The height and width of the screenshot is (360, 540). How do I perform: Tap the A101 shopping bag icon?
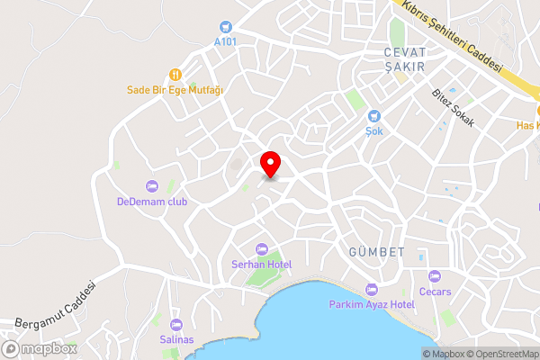[224, 27]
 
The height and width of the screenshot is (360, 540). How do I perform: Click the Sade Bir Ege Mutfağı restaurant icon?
[175, 76]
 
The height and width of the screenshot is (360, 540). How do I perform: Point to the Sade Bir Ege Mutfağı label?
[175, 90]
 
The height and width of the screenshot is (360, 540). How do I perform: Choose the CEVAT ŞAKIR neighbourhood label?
[403, 58]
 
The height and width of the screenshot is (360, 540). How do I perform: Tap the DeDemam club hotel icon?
[152, 186]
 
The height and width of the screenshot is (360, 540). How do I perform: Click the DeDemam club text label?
[152, 202]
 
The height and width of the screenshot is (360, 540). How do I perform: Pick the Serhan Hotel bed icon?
[262, 248]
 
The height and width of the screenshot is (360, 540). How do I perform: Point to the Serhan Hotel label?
[262, 264]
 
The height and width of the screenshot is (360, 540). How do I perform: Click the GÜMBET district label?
[376, 252]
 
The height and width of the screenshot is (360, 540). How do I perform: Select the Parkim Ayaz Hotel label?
[371, 304]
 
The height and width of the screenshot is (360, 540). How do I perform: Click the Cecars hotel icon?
[434, 276]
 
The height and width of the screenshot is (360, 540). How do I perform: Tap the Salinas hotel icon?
[175, 324]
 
